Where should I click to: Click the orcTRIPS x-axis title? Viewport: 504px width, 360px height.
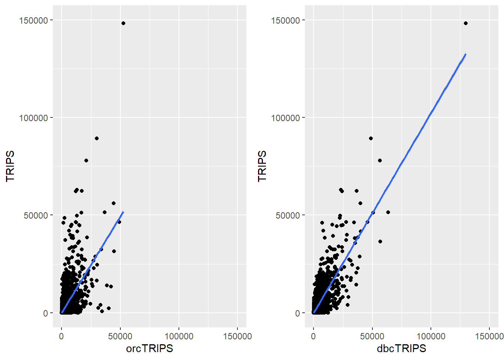[149, 348]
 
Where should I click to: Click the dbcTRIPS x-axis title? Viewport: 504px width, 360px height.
[401, 348]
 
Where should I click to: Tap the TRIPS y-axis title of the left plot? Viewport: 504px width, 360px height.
[10, 166]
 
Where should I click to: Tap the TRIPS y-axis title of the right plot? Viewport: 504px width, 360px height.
[262, 166]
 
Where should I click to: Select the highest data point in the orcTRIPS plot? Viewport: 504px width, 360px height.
[123, 23]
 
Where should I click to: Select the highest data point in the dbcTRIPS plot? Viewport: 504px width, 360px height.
[466, 23]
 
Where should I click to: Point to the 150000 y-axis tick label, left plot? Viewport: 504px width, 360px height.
[34, 20]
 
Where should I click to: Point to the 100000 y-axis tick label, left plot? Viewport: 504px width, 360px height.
[34, 118]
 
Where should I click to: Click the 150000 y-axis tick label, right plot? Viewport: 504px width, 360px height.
[286, 20]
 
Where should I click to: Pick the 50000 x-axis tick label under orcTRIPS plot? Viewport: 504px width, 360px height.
[120, 336]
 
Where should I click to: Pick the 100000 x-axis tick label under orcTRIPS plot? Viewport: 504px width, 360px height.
[179, 336]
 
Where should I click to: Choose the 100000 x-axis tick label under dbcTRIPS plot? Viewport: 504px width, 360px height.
[431, 336]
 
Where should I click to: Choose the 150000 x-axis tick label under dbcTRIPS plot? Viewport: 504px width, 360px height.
[489, 336]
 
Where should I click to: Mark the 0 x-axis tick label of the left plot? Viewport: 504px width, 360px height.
[61, 336]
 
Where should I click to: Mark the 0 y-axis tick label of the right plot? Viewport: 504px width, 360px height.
[298, 313]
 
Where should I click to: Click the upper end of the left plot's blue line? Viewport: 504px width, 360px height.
[123, 212]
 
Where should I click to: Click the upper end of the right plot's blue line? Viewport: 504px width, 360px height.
[465, 55]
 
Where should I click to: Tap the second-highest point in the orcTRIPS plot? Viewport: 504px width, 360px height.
[97, 138]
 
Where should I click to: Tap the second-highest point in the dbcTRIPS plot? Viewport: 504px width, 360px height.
[371, 138]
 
